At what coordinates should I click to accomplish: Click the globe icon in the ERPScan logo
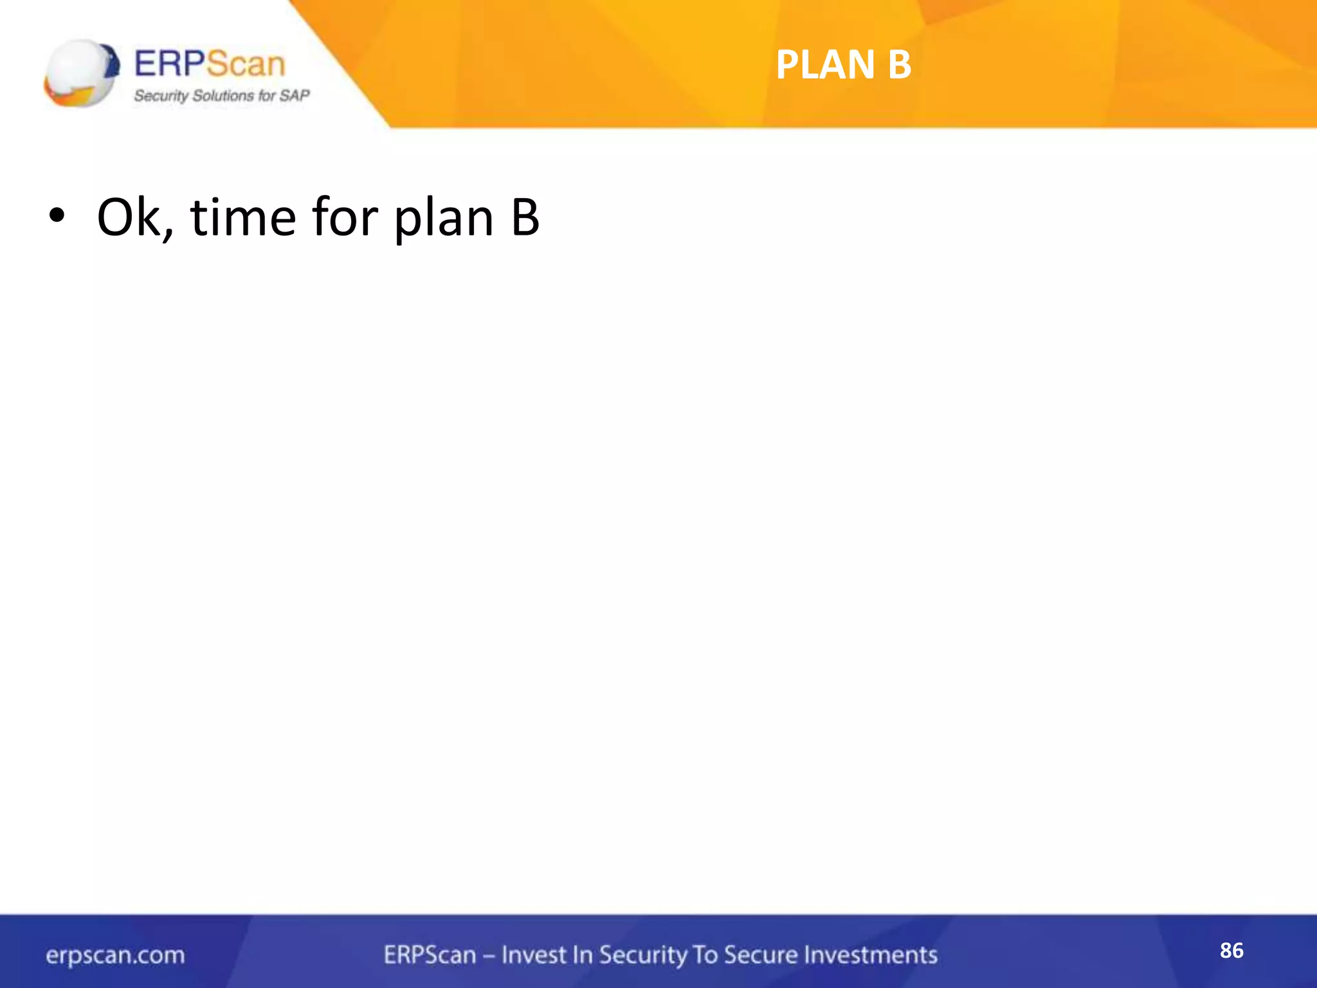tap(80, 73)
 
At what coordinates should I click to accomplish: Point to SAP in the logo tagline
tap(295, 96)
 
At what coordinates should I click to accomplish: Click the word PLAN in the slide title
tap(825, 65)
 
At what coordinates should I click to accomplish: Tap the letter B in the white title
tap(900, 65)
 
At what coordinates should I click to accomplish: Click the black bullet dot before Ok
tap(57, 217)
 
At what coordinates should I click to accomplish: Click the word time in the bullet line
tap(242, 217)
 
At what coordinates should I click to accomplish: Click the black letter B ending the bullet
tap(525, 217)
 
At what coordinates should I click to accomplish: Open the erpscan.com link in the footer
tap(115, 955)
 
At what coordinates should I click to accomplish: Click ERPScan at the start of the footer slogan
tap(430, 955)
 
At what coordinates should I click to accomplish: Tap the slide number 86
tap(1231, 950)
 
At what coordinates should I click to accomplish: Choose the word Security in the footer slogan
tap(643, 956)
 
